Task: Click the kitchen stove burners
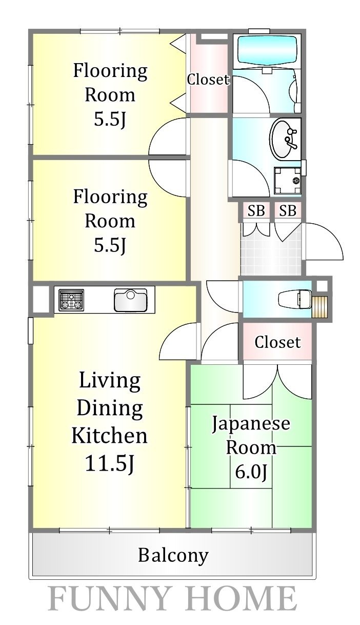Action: coord(71,300)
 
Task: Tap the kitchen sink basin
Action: coord(130,300)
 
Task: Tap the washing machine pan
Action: coord(288,181)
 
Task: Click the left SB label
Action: coord(256,211)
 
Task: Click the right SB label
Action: coord(288,211)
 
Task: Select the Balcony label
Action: coord(173,555)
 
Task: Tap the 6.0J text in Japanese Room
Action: coord(251,472)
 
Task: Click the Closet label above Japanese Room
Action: coord(277,342)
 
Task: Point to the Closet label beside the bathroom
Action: coord(208,80)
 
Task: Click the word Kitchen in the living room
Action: coord(109,436)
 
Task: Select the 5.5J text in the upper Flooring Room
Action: coord(110,120)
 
